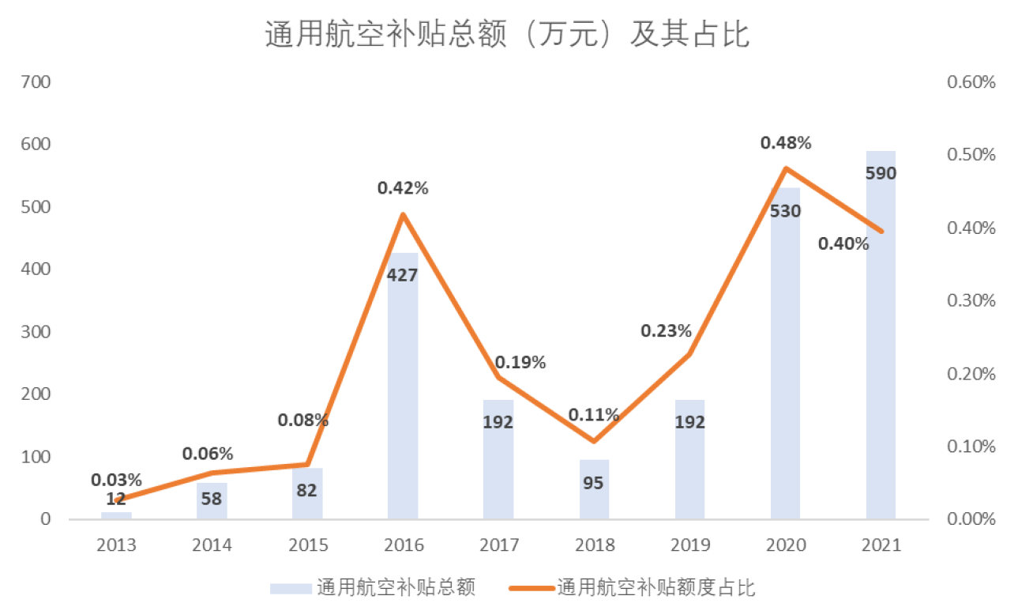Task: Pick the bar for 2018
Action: pyautogui.click(x=595, y=489)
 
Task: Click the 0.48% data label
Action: pyautogui.click(x=786, y=143)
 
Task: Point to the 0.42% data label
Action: pyautogui.click(x=403, y=188)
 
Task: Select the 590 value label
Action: pyautogui.click(x=881, y=173)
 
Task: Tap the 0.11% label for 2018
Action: pyautogui.click(x=594, y=415)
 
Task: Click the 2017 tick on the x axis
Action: pyautogui.click(x=499, y=545)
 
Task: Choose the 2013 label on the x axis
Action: pyautogui.click(x=116, y=545)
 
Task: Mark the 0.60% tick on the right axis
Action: pyautogui.click(x=971, y=82)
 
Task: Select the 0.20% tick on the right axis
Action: pyautogui.click(x=971, y=374)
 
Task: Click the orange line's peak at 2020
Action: pyautogui.click(x=786, y=168)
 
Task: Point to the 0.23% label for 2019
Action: pyautogui.click(x=666, y=331)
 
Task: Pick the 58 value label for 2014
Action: pyautogui.click(x=212, y=499)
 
